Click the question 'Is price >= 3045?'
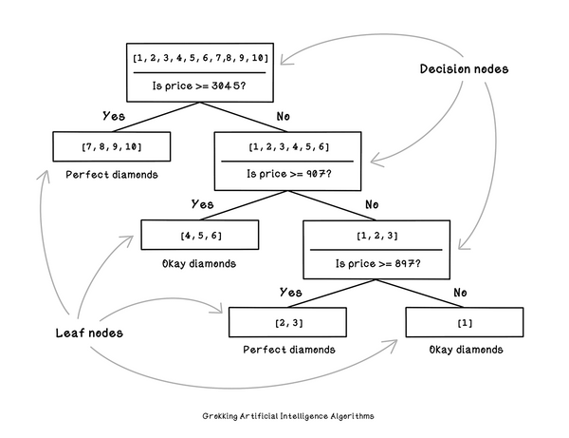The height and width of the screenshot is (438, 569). [x=199, y=85]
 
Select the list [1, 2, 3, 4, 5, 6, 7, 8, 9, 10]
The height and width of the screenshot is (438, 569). [x=199, y=58]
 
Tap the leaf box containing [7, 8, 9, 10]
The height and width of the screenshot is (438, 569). [x=113, y=146]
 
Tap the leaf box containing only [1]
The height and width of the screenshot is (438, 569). [x=464, y=323]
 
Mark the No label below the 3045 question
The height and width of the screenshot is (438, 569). [x=283, y=116]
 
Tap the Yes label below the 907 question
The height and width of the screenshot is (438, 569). [x=203, y=204]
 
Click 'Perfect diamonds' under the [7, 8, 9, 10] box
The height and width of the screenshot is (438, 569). [x=111, y=176]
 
